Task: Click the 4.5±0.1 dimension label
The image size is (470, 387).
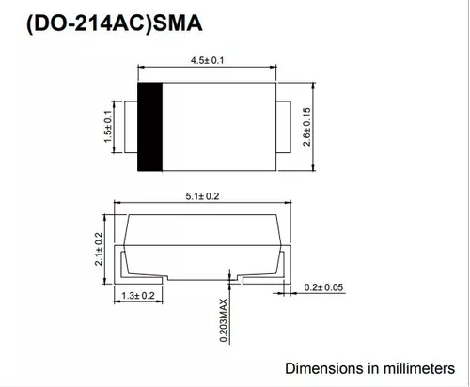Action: pyautogui.click(x=207, y=60)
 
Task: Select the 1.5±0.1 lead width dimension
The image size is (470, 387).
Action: pyautogui.click(x=107, y=127)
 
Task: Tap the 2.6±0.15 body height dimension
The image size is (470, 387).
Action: pyautogui.click(x=306, y=127)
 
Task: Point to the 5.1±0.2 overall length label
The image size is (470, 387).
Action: pyautogui.click(x=202, y=196)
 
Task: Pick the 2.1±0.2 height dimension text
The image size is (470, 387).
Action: pyautogui.click(x=99, y=249)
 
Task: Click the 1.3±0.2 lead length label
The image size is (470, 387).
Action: pyautogui.click(x=138, y=295)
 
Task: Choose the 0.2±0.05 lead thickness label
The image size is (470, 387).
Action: pyautogui.click(x=323, y=287)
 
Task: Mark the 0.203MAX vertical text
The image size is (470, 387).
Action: pyautogui.click(x=223, y=320)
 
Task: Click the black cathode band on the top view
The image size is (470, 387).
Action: pyautogui.click(x=150, y=127)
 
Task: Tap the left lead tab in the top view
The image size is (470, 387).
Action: pyautogui.click(x=131, y=127)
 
